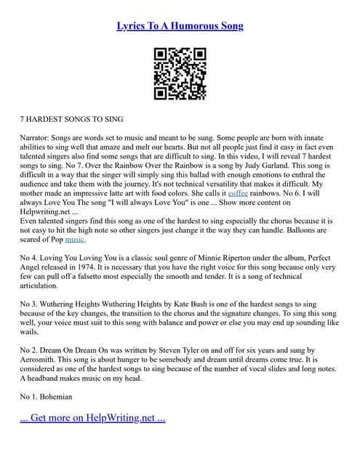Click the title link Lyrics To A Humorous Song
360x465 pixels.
point(180,26)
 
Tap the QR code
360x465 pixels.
point(180,73)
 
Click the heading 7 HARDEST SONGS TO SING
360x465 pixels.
point(71,118)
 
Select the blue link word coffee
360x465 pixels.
point(238,195)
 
